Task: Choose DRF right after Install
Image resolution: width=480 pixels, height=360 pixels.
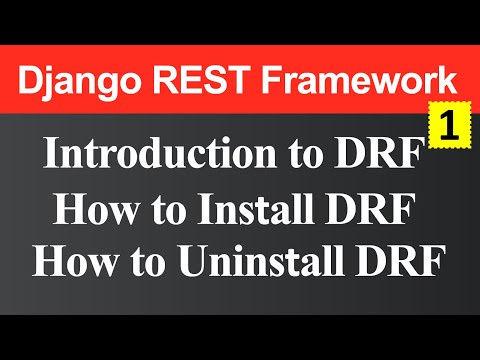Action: click(377, 212)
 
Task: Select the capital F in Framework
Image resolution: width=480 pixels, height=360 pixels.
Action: click(266, 77)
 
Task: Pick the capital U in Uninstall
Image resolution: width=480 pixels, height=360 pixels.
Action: click(191, 262)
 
